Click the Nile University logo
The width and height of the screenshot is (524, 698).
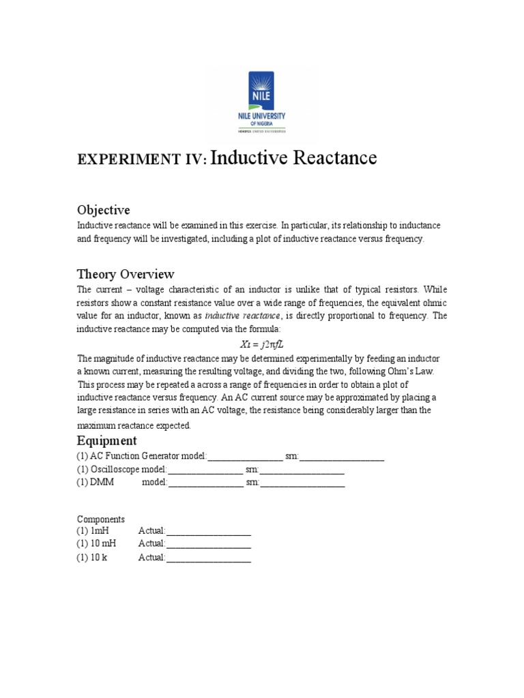point(262,102)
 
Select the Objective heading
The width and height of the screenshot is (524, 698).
point(103,209)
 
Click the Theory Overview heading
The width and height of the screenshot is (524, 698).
point(126,274)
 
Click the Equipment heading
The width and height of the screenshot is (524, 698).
point(106,440)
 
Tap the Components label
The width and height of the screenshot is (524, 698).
point(100,519)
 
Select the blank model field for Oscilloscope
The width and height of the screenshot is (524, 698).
point(205,470)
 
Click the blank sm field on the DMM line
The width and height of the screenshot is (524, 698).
point(302,483)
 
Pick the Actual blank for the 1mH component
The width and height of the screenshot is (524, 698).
point(208,530)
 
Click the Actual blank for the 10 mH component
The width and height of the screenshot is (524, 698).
point(208,544)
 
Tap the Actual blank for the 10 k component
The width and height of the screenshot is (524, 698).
point(208,558)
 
